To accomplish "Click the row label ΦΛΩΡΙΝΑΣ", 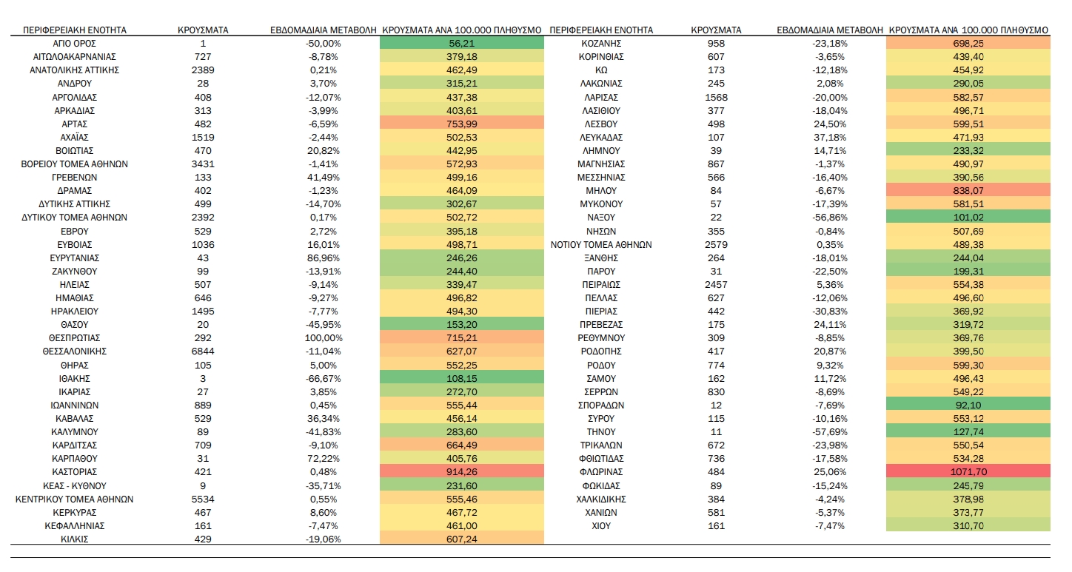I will coord(601,472).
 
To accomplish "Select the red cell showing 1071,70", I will coord(968,472).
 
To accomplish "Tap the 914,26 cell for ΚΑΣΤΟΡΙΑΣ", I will coord(461,472).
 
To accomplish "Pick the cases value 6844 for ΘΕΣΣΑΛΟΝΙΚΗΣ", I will coord(202,351).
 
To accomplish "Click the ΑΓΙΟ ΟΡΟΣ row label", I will coord(75,44).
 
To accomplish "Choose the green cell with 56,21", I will coord(461,44).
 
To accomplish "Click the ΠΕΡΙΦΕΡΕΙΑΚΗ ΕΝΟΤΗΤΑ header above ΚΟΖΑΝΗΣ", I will coord(601,30).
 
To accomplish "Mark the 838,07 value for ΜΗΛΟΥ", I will coord(968,191).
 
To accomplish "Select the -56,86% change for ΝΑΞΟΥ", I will coord(830,218).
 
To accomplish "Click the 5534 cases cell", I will coord(202,499).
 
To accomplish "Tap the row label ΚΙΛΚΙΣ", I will coord(75,539).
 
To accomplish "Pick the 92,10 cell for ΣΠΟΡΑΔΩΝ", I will coord(968,406).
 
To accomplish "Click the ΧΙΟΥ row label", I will coord(601,526).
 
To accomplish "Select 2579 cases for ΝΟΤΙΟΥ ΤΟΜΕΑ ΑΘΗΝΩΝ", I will coord(716,245).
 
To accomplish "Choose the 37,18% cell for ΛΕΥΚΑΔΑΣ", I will coord(830,138).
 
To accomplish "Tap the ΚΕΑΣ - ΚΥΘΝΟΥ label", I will coord(75,486).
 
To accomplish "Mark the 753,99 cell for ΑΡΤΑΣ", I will coord(461,124).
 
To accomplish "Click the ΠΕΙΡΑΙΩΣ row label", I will coord(601,285).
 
